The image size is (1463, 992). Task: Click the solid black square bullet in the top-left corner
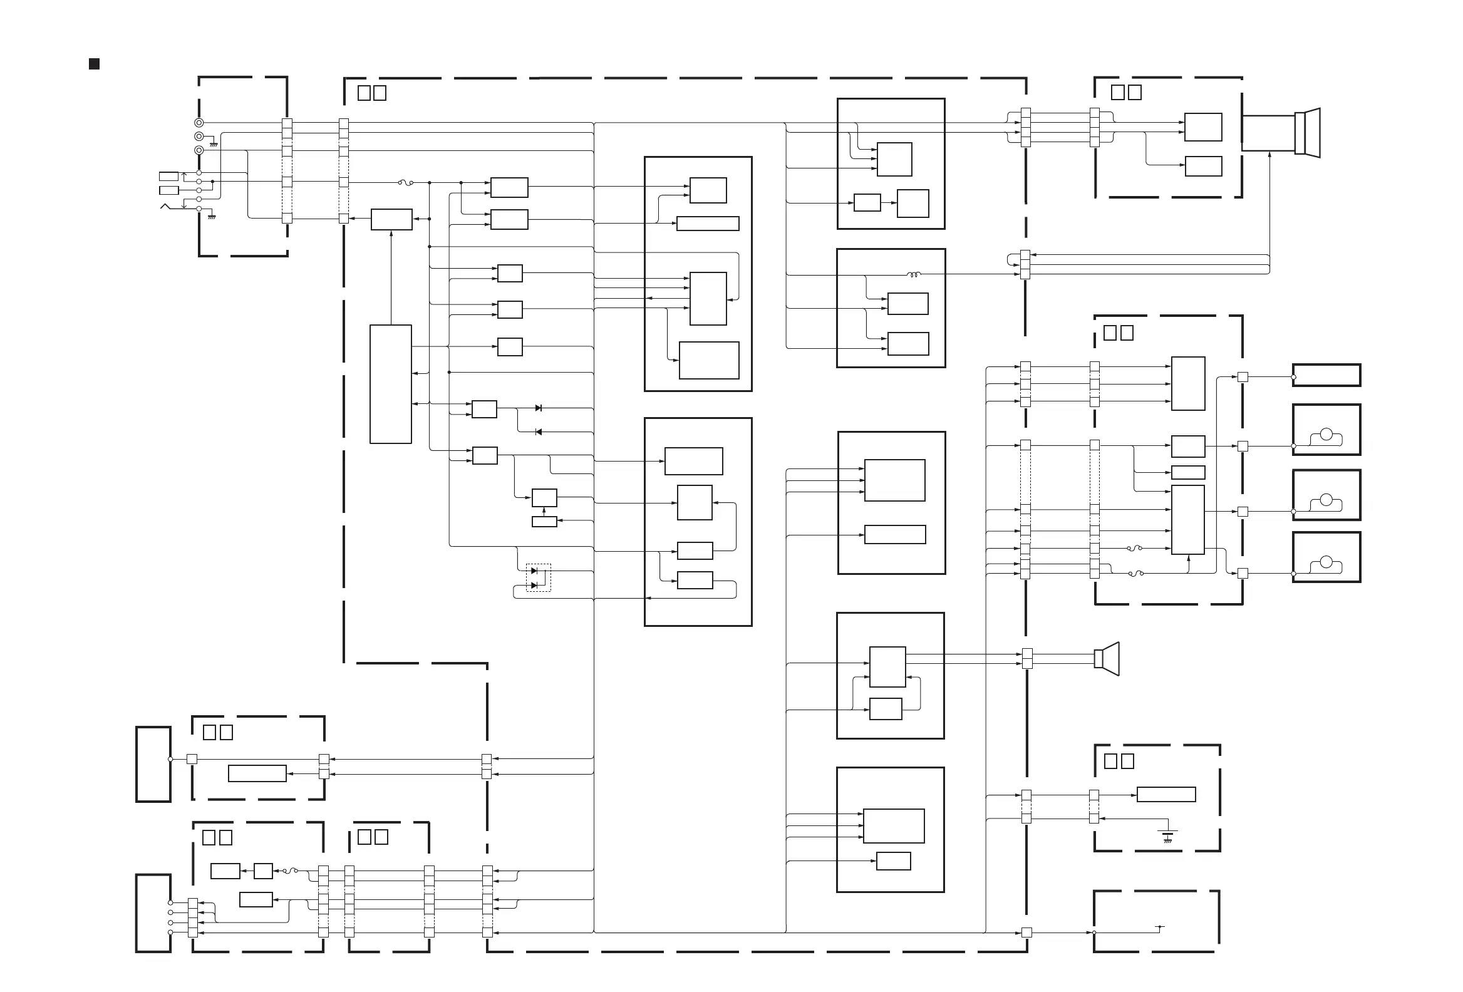click(x=95, y=64)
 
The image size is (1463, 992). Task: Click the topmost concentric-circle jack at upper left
click(x=199, y=123)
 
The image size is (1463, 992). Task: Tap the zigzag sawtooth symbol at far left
click(x=165, y=207)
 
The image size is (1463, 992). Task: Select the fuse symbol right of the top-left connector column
click(x=406, y=183)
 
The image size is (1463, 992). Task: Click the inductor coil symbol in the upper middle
click(x=913, y=274)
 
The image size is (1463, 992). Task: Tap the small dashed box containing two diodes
click(x=538, y=577)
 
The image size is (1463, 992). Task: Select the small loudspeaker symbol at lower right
click(x=1107, y=658)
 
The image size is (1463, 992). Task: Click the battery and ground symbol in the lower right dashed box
click(x=1169, y=835)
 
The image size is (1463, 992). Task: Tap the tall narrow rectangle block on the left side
click(x=390, y=384)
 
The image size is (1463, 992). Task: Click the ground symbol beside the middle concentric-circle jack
click(x=214, y=144)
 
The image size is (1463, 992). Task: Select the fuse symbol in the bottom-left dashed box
click(x=290, y=871)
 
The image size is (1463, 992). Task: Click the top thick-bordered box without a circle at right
click(x=1326, y=375)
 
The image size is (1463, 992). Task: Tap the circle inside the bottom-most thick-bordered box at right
click(x=1326, y=562)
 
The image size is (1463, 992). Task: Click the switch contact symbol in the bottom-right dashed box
click(x=1161, y=927)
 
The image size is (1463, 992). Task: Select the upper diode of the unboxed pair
click(x=538, y=408)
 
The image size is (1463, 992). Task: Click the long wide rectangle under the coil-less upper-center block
click(x=708, y=224)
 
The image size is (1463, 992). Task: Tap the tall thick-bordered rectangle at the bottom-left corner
click(x=153, y=912)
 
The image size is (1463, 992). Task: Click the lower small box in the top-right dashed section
click(x=1203, y=166)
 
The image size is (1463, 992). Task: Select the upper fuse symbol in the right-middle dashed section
click(x=1135, y=548)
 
